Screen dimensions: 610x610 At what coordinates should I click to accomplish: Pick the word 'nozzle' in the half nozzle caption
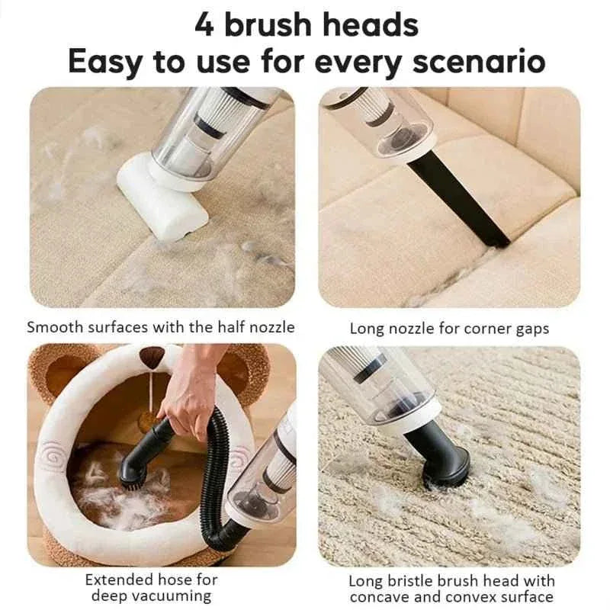[271, 328]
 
